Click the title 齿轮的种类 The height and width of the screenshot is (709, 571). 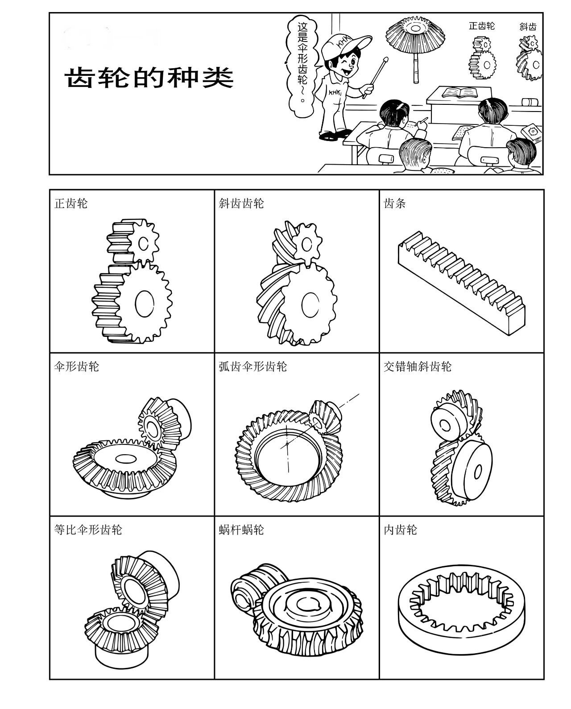(x=150, y=78)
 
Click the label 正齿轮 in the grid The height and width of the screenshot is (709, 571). (x=71, y=204)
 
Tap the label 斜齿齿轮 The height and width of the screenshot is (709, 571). (x=241, y=204)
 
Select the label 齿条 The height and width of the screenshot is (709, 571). (x=395, y=204)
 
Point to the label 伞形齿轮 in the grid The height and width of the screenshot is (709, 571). (x=76, y=367)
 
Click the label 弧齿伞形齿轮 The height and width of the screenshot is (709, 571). (x=252, y=367)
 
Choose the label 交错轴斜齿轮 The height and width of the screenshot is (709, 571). (x=418, y=367)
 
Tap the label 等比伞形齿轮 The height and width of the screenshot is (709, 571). (x=88, y=530)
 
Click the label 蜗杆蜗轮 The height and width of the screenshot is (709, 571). (x=241, y=530)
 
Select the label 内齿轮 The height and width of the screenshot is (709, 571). (x=401, y=530)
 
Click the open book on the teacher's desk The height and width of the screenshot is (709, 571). (x=459, y=93)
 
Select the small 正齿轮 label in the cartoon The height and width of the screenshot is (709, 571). (x=481, y=26)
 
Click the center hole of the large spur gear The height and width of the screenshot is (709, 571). (x=144, y=305)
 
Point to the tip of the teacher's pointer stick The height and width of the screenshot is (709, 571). (x=385, y=58)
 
